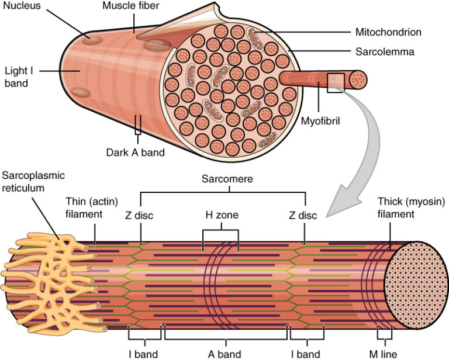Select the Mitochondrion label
coord(388,32)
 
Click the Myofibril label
coord(320,122)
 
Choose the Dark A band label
coord(136,153)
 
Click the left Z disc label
coord(139,216)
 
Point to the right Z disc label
coord(303,216)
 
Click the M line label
coord(384,354)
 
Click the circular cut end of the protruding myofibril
coord(357,79)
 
